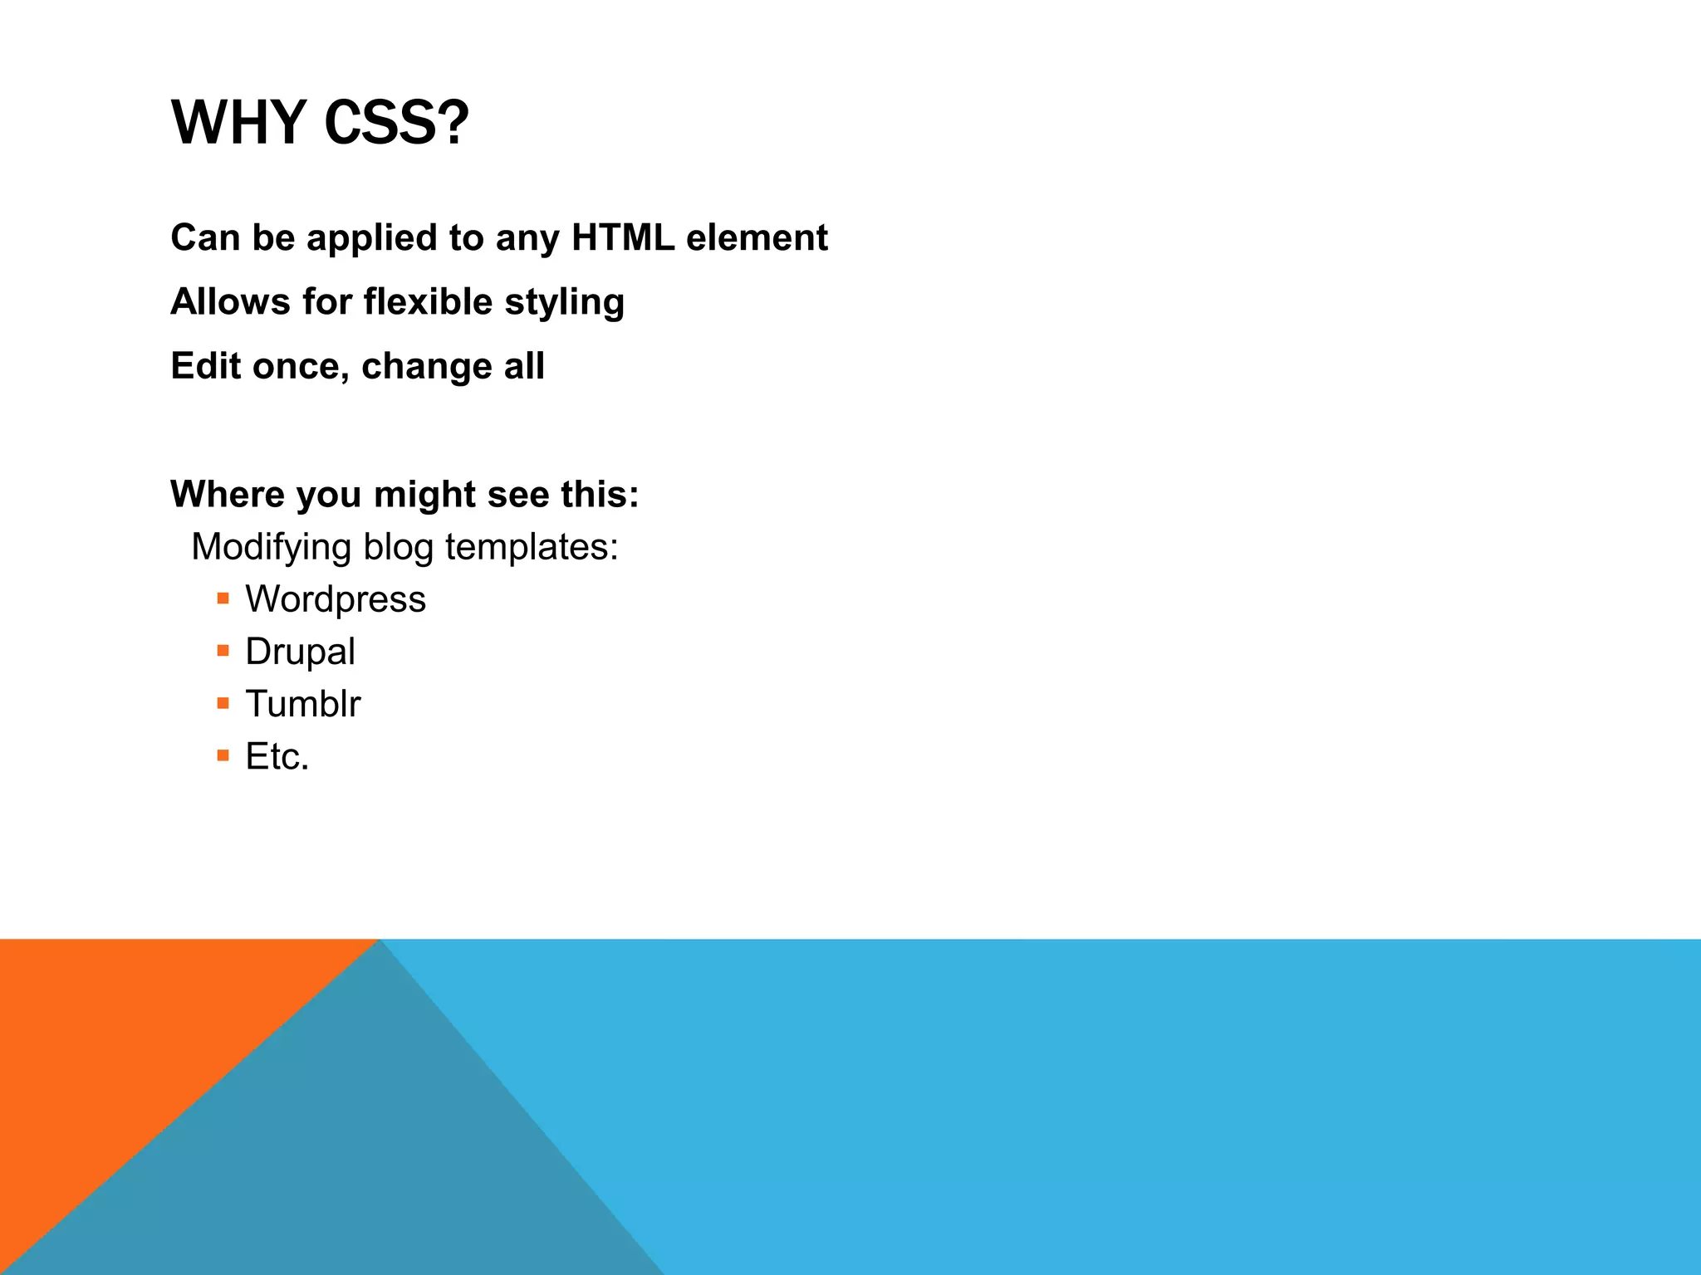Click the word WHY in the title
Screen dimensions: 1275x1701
[x=239, y=123]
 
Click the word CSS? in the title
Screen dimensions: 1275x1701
[x=396, y=123]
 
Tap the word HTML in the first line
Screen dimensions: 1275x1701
[x=622, y=237]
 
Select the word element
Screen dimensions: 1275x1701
[x=757, y=237]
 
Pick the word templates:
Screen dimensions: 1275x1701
[x=532, y=548]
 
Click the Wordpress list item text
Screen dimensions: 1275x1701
[x=336, y=599]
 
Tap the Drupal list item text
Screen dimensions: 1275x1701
[x=300, y=652]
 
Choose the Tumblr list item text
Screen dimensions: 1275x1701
[x=303, y=704]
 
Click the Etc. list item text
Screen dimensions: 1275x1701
[x=277, y=756]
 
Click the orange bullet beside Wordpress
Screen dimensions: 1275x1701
[x=223, y=598]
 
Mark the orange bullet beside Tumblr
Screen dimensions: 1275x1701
[x=223, y=703]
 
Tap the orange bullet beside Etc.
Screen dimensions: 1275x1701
[x=223, y=755]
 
